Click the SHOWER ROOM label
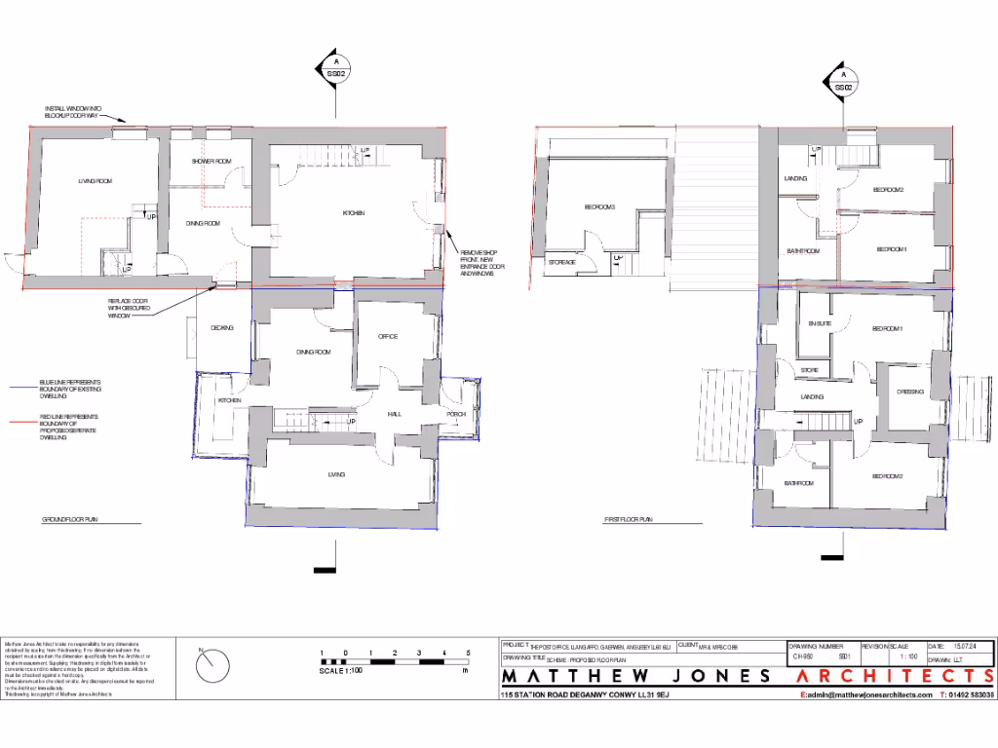click(211, 161)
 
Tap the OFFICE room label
click(388, 337)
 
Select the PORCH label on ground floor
click(456, 415)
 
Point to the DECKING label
click(222, 328)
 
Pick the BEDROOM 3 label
click(599, 207)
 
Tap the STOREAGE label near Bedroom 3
click(562, 263)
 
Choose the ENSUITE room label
click(820, 323)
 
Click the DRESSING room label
click(910, 392)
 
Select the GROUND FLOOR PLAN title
click(69, 520)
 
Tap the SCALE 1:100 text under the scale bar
click(342, 670)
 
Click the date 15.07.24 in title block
click(967, 647)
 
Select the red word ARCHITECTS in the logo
click(896, 676)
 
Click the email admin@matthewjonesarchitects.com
click(862, 695)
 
